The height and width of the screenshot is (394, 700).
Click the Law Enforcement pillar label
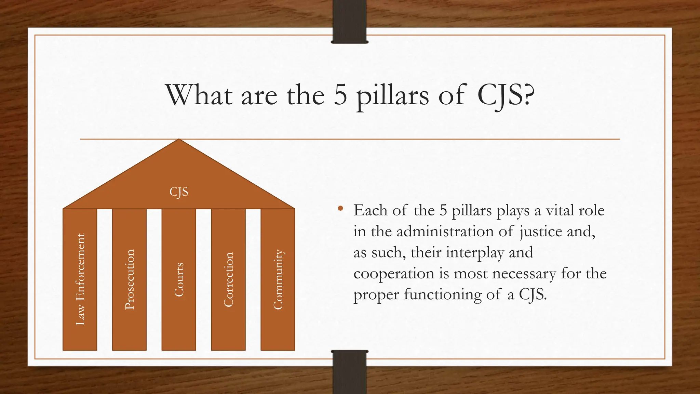tap(80, 279)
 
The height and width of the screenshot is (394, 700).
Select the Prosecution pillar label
tap(130, 279)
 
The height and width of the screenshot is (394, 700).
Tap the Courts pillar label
tap(179, 279)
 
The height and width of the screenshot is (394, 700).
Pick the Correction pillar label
tap(228, 279)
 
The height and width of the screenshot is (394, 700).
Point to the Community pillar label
tap(278, 279)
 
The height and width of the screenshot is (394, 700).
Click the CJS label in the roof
tap(179, 192)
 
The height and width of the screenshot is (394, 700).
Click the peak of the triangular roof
tap(179, 140)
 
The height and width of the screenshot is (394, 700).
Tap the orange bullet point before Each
tap(340, 208)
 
